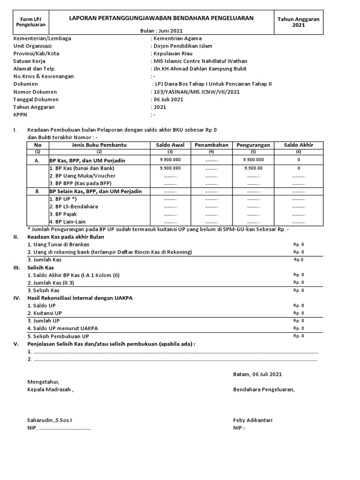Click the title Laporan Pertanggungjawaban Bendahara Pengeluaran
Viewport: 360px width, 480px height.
161,18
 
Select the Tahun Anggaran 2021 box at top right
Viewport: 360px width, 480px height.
298,22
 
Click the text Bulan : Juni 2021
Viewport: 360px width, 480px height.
161,30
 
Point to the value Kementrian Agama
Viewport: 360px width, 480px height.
178,38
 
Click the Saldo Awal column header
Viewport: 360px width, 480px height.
171,145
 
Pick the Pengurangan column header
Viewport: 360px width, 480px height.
253,145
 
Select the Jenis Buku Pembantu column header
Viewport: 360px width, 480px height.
99,145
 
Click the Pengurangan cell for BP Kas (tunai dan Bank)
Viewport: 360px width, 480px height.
253,168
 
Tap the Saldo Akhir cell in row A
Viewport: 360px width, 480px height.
299,160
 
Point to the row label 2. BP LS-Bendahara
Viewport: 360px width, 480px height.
74,206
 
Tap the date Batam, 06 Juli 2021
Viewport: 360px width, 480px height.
257,374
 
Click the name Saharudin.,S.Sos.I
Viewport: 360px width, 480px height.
50,420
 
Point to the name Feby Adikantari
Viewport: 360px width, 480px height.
253,420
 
